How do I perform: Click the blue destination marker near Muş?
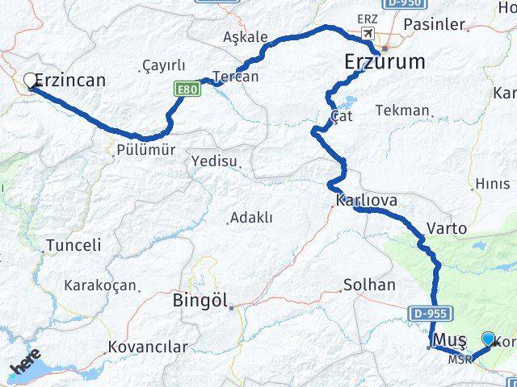pos(488,339)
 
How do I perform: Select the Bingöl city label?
pos(201,302)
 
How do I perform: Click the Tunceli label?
pos(74,245)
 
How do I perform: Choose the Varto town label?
pos(447,228)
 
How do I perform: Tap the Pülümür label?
pos(145,150)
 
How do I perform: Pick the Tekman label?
pos(403,110)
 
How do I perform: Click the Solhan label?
pos(369,285)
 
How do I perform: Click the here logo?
pos(26,363)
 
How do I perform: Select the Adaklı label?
pos(251,218)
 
